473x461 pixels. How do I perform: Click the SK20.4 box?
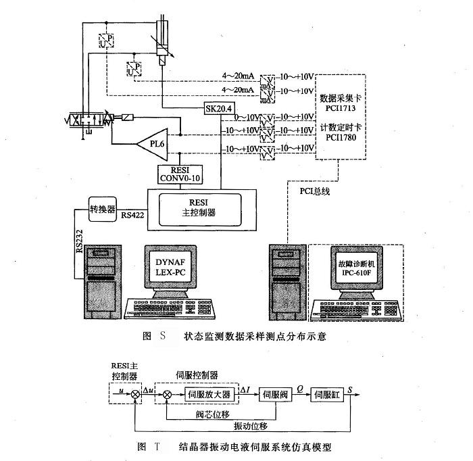click(x=218, y=108)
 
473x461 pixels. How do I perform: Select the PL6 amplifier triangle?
click(x=152, y=143)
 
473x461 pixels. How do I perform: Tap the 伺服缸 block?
click(x=327, y=394)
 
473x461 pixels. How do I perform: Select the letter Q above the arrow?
click(x=300, y=387)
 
